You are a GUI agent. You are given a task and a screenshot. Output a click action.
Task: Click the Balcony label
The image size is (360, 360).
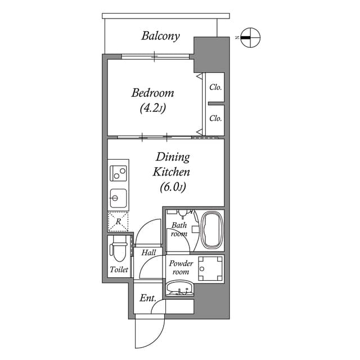point(160,37)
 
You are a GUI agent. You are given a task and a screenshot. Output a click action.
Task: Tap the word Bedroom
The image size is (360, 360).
point(152,93)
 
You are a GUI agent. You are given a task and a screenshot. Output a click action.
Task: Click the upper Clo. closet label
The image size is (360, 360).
point(215,87)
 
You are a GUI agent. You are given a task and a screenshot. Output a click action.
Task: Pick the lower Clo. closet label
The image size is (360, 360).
point(215,119)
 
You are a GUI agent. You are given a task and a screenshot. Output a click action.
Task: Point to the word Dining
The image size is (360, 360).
point(173,157)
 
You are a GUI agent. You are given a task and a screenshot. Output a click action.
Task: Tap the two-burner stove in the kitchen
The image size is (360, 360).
point(118,173)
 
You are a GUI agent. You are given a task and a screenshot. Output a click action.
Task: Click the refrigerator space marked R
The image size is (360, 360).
point(118,222)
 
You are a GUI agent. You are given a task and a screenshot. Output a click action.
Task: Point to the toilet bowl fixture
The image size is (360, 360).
point(118,249)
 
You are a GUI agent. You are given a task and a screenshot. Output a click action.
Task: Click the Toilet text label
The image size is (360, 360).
point(119,270)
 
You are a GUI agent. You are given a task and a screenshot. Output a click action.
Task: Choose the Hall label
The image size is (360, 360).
point(148,253)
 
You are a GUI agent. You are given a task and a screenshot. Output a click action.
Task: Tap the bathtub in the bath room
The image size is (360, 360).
point(211,230)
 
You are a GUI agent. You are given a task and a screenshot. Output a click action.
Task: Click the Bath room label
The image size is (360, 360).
point(179,229)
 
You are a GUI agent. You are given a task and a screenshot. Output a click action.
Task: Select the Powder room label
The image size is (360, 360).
point(181,268)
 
